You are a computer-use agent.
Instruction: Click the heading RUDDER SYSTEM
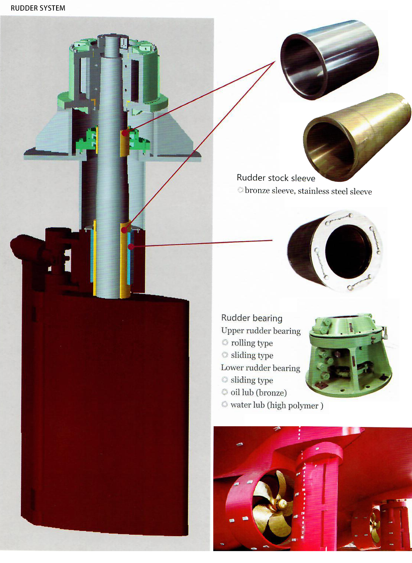tap(38, 8)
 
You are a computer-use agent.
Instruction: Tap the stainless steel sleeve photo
tap(330, 59)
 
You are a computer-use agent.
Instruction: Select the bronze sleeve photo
tap(357, 137)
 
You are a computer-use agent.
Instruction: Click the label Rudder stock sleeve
tap(276, 178)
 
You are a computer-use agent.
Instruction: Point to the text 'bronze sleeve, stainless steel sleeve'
tap(308, 191)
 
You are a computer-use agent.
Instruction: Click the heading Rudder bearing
tap(252, 318)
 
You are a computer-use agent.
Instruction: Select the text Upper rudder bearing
tap(261, 331)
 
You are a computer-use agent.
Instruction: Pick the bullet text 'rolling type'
tap(252, 343)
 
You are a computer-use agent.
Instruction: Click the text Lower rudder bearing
tap(260, 368)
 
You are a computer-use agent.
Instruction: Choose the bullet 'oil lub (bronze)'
tap(259, 392)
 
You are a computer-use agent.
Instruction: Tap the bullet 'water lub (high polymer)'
tap(277, 405)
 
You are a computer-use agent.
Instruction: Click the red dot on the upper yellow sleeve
tap(124, 133)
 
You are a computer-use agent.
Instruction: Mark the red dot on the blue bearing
tap(131, 247)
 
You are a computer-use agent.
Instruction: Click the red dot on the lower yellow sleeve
tap(124, 230)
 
